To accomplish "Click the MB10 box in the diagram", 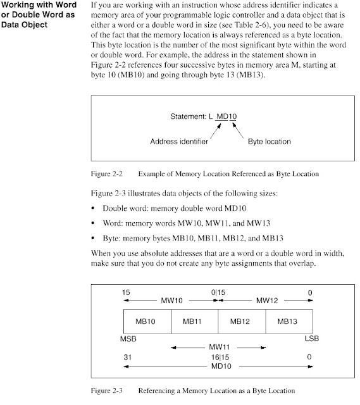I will (146, 321).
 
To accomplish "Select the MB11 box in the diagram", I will (194, 321).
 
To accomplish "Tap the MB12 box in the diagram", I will (241, 321).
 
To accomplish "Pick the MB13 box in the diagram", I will (289, 321).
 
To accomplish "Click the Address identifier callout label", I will (179, 141).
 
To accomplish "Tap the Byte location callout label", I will (268, 141).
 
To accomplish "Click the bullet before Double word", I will (94, 208).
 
